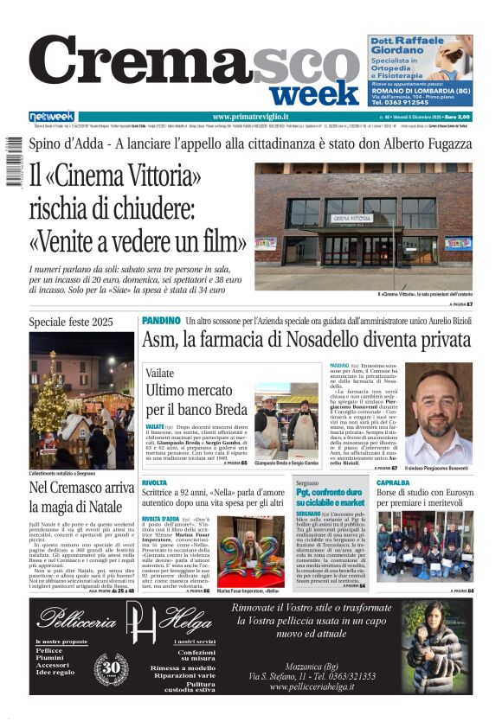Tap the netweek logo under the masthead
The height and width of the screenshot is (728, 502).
[x=51, y=116]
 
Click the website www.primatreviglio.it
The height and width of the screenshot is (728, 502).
[x=250, y=117]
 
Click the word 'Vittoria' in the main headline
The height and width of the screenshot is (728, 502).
[x=165, y=176]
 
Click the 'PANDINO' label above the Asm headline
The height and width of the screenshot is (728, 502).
[x=160, y=320]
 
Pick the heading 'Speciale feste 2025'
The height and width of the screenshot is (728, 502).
[x=71, y=322]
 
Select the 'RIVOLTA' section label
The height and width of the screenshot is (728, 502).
[x=155, y=482]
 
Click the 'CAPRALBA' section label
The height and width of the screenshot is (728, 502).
[x=393, y=482]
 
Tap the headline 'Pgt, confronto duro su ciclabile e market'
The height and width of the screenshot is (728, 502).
[x=330, y=497]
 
